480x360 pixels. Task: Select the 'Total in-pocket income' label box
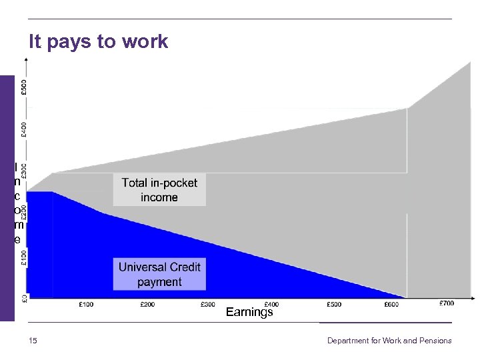[x=159, y=189]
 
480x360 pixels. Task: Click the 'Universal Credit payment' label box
[x=159, y=274]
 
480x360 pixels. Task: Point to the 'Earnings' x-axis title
[x=249, y=312]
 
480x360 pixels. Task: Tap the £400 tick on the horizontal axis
[x=271, y=305]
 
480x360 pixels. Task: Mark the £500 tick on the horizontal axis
[x=334, y=305]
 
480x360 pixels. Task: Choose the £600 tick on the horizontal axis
[x=393, y=305]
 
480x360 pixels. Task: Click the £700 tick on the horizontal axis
[x=447, y=304]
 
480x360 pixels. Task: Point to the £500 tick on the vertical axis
[x=24, y=87]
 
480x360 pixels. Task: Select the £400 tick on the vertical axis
[x=24, y=129]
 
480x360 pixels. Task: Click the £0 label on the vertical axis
[x=24, y=297]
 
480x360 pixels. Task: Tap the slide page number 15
[x=33, y=341]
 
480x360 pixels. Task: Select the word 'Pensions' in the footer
[x=435, y=341]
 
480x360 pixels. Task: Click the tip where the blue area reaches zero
[x=405, y=297]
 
